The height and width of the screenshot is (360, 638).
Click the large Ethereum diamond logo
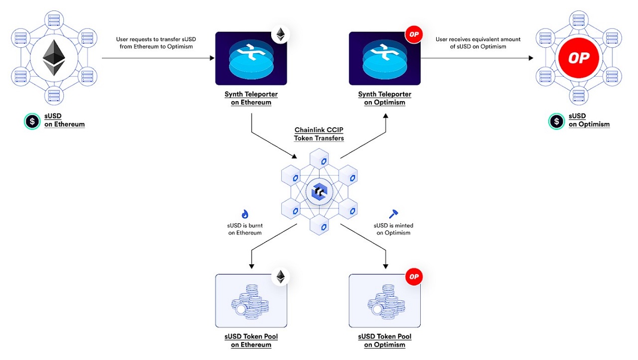coord(54,58)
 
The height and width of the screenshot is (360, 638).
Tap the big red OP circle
coord(579,58)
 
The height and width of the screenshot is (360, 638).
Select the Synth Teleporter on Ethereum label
coord(251,98)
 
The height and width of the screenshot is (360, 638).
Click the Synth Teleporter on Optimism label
coord(384,98)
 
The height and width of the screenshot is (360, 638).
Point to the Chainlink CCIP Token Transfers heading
coord(319,134)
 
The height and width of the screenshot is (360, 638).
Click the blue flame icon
coord(245,214)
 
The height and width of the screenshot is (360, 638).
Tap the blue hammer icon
coord(393,214)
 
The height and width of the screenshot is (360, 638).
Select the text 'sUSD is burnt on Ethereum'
coord(245,229)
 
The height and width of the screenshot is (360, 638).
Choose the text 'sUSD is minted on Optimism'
coord(393,229)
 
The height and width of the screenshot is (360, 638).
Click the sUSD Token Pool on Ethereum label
coord(251,341)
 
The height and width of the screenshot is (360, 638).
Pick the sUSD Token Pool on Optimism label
coord(384,341)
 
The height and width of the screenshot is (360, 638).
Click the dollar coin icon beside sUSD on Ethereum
coord(32,121)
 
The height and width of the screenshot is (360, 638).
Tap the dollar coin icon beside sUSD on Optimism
coord(556,121)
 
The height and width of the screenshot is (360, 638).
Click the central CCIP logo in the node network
coord(319,191)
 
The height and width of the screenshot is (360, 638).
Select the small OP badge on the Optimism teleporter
coord(414,34)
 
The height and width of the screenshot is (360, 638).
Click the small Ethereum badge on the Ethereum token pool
coord(281,277)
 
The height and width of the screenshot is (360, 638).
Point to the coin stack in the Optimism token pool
coord(386,302)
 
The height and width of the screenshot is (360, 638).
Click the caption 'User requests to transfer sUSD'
coord(156,39)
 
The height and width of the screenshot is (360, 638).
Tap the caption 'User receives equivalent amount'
coord(478,39)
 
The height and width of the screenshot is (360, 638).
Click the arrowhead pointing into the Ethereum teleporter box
coord(212,58)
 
